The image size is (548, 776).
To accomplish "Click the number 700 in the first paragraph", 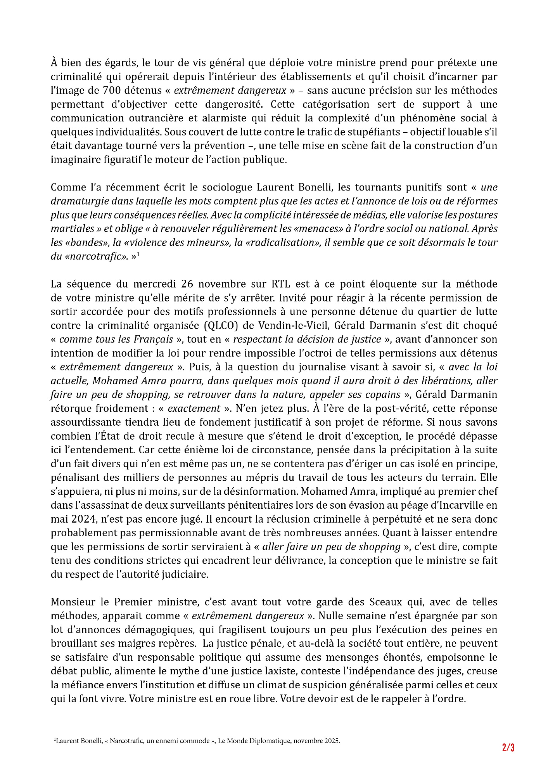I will tap(111, 91).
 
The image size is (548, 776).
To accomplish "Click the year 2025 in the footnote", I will tap(331, 741).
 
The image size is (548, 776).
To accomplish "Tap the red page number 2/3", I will tap(508, 748).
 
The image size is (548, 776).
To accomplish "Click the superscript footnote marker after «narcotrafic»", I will tap(138, 255).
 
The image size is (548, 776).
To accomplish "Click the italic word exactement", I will tap(194, 409).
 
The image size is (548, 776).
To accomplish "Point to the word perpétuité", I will tap(358, 519).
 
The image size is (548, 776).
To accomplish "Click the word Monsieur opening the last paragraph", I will tap(73, 602).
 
